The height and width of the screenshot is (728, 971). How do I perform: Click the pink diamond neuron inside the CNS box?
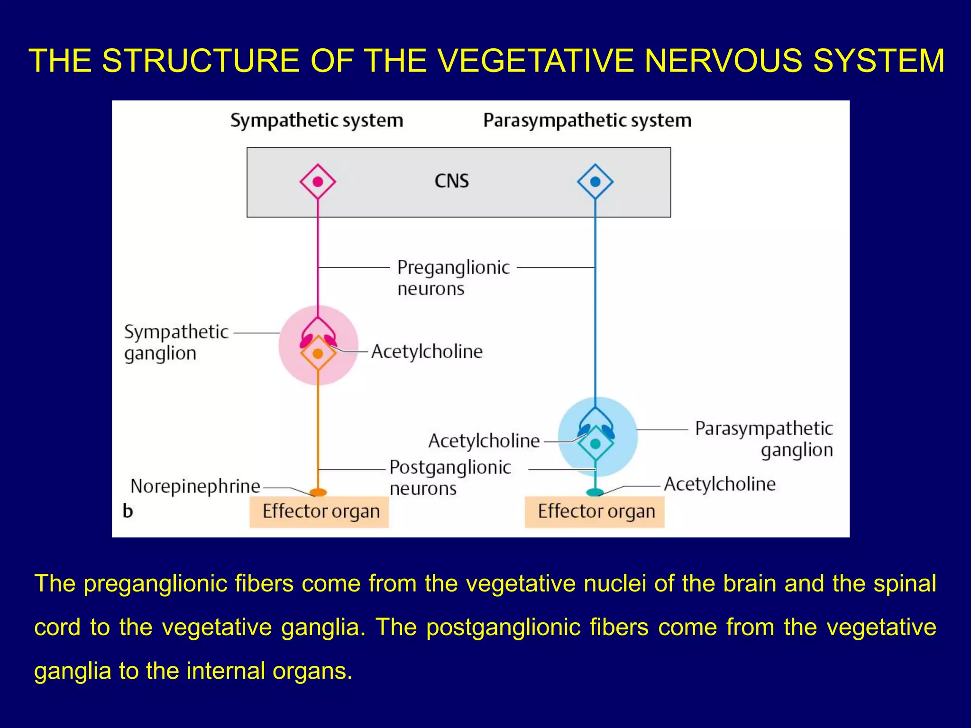[x=318, y=182]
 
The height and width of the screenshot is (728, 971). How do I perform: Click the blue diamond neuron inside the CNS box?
[x=595, y=182]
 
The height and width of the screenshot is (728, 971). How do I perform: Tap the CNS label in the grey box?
[x=451, y=181]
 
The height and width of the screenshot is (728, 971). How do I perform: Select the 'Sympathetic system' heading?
[x=317, y=120]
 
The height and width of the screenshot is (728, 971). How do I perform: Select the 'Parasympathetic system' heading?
[x=587, y=120]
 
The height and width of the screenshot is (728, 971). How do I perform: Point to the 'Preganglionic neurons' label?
[x=453, y=278]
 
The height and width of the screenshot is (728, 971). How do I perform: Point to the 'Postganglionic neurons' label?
[x=450, y=477]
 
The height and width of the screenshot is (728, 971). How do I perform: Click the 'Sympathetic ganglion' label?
[x=176, y=342]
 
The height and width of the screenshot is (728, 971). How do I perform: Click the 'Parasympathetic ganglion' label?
[x=763, y=439]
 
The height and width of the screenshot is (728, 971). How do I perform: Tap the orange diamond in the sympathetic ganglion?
[x=318, y=354]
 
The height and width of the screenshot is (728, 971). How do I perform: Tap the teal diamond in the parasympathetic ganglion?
[x=595, y=444]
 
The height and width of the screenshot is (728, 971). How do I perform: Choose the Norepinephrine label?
[x=195, y=486]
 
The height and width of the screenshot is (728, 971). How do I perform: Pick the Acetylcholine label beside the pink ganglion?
[x=427, y=352]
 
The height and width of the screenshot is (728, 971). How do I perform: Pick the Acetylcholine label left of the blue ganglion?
[x=484, y=441]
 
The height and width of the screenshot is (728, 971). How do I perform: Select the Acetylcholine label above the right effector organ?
[x=720, y=484]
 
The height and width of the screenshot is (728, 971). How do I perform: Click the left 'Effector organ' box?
[x=319, y=512]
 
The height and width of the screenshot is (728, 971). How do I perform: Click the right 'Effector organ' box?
[x=595, y=512]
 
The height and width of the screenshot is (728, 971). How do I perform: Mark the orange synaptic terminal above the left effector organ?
[x=318, y=492]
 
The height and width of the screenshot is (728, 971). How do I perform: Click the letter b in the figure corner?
[x=128, y=511]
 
